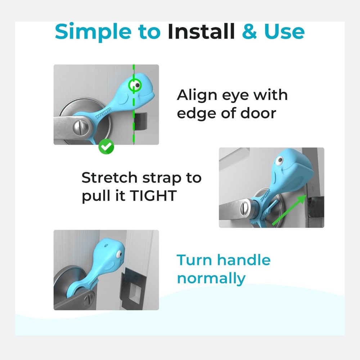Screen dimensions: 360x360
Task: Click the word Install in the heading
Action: (x=201, y=31)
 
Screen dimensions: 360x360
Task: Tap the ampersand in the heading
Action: (x=249, y=31)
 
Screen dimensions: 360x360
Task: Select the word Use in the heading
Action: (x=284, y=31)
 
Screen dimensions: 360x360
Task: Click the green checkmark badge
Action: (x=106, y=147)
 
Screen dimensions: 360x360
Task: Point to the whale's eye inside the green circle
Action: (x=136, y=85)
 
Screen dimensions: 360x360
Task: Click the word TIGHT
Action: (x=153, y=195)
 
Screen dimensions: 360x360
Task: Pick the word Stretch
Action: (x=109, y=177)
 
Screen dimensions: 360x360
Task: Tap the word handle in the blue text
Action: (x=244, y=260)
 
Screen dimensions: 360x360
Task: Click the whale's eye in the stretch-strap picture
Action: (x=279, y=161)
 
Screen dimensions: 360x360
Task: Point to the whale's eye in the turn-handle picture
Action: (x=119, y=254)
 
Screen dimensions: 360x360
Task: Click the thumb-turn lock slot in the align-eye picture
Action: (x=81, y=127)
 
